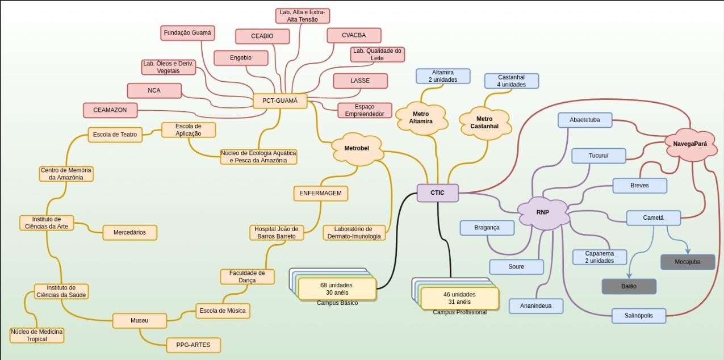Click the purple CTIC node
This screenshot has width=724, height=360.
[x=437, y=192]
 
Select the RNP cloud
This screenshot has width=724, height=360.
[x=543, y=212]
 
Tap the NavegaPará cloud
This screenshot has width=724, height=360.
[x=690, y=144]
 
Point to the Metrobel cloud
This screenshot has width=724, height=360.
[x=357, y=148]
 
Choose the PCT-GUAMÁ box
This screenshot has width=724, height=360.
[x=280, y=101]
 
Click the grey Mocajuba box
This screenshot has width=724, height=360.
[x=688, y=262]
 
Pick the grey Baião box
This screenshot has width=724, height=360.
[x=629, y=287]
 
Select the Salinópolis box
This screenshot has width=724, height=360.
[x=639, y=316]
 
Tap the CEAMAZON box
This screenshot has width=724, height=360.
[x=110, y=110]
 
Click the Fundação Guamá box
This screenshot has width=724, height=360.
[x=187, y=33]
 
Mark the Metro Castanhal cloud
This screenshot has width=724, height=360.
[x=484, y=122]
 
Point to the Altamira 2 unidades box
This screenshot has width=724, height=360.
[x=443, y=76]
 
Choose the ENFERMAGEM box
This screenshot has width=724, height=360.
[x=321, y=193]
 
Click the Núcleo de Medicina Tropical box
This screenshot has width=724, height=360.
[x=37, y=335]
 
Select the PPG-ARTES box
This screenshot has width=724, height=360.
[x=194, y=345]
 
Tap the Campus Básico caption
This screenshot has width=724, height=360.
[x=337, y=303]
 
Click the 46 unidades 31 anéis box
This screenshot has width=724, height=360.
[x=459, y=298]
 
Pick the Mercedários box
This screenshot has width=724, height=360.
[x=129, y=232]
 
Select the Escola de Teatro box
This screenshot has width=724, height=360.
[x=115, y=135]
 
